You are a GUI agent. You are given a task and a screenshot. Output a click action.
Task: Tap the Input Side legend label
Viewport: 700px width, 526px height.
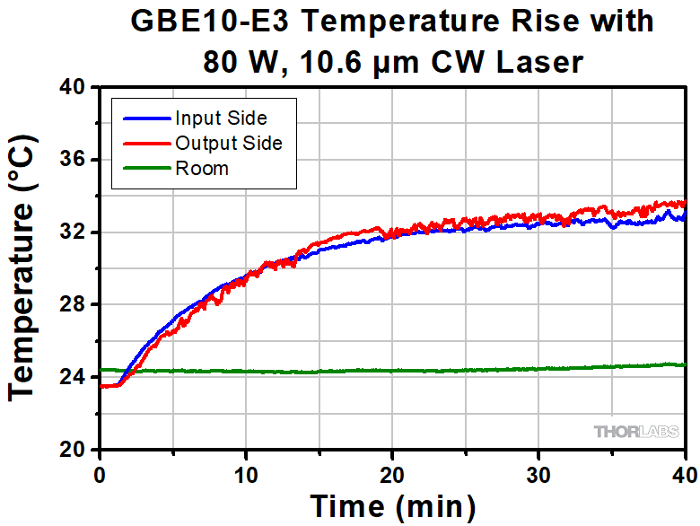221,118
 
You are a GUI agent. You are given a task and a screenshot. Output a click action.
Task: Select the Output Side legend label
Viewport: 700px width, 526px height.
229,143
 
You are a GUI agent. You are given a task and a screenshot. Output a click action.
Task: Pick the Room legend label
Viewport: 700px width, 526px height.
202,168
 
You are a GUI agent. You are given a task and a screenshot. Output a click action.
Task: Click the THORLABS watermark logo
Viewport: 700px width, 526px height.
636,432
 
